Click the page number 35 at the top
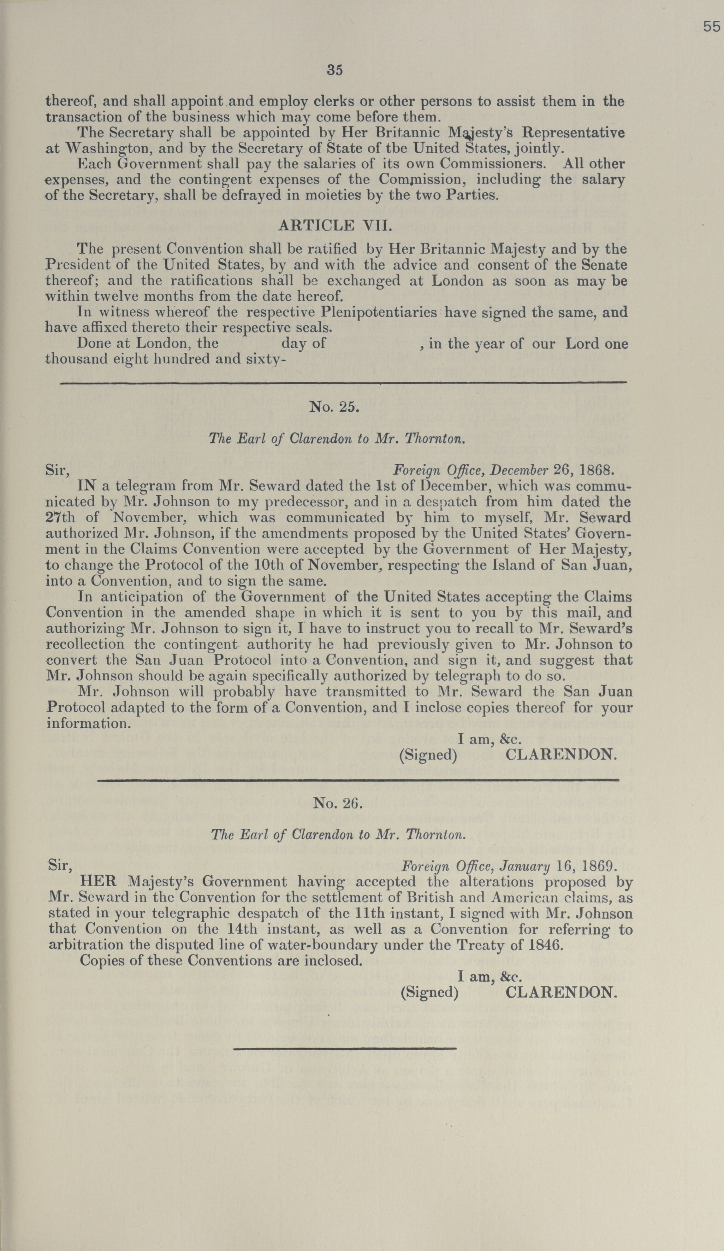point(335,70)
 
